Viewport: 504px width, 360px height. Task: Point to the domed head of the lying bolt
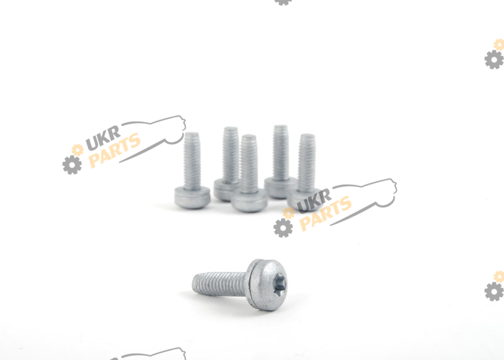pos(268,285)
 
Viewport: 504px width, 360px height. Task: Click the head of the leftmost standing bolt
pos(193,197)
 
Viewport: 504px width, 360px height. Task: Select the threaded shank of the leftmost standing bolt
pos(192,160)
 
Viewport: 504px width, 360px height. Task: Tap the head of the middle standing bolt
pos(249,200)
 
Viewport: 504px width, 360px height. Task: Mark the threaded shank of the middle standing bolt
pos(249,163)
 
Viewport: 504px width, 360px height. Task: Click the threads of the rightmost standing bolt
pos(307,163)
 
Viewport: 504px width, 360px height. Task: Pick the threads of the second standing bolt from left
pos(231,154)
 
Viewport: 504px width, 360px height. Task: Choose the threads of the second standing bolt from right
pos(280,152)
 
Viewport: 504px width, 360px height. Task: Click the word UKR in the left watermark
pos(103,138)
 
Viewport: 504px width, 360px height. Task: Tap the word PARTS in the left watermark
pos(115,150)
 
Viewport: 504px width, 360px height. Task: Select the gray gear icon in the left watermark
pos(72,165)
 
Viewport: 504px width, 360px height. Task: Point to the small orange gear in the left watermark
pos(77,150)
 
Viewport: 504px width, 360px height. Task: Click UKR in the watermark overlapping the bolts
pos(314,201)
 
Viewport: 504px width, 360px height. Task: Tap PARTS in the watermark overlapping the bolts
pos(325,214)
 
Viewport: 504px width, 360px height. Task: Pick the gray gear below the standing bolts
pos(283,228)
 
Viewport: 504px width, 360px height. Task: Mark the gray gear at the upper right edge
pos(494,59)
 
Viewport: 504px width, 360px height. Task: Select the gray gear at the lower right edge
pos(494,291)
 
